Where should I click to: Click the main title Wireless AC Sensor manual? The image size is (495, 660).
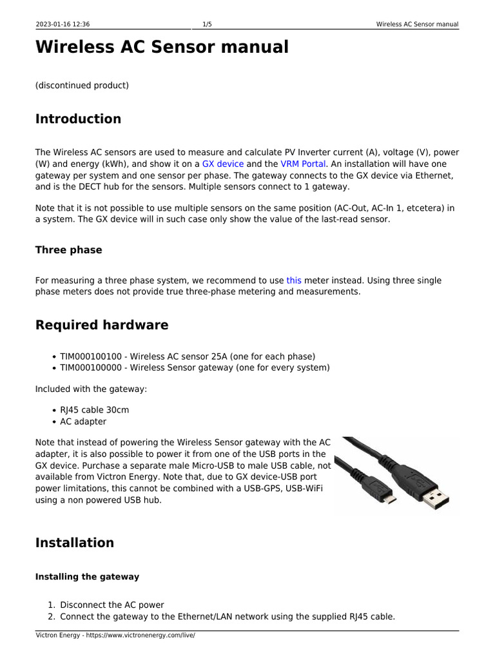click(162, 48)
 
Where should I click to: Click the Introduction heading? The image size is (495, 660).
click(78, 119)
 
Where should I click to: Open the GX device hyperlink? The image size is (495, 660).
click(222, 164)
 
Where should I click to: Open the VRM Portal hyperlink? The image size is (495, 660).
click(304, 164)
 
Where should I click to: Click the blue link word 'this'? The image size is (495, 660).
click(294, 280)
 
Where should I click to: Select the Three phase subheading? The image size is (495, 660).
click(68, 250)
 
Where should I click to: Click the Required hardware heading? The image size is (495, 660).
click(102, 325)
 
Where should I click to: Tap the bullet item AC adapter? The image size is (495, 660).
click(83, 422)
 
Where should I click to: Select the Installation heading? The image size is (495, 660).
click(75, 543)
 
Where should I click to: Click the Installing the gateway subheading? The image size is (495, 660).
click(87, 577)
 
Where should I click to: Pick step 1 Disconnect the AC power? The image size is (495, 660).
click(112, 605)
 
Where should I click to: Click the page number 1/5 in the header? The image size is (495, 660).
click(208, 24)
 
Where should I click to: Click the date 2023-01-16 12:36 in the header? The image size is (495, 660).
click(63, 24)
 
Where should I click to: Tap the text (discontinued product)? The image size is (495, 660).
click(82, 85)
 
